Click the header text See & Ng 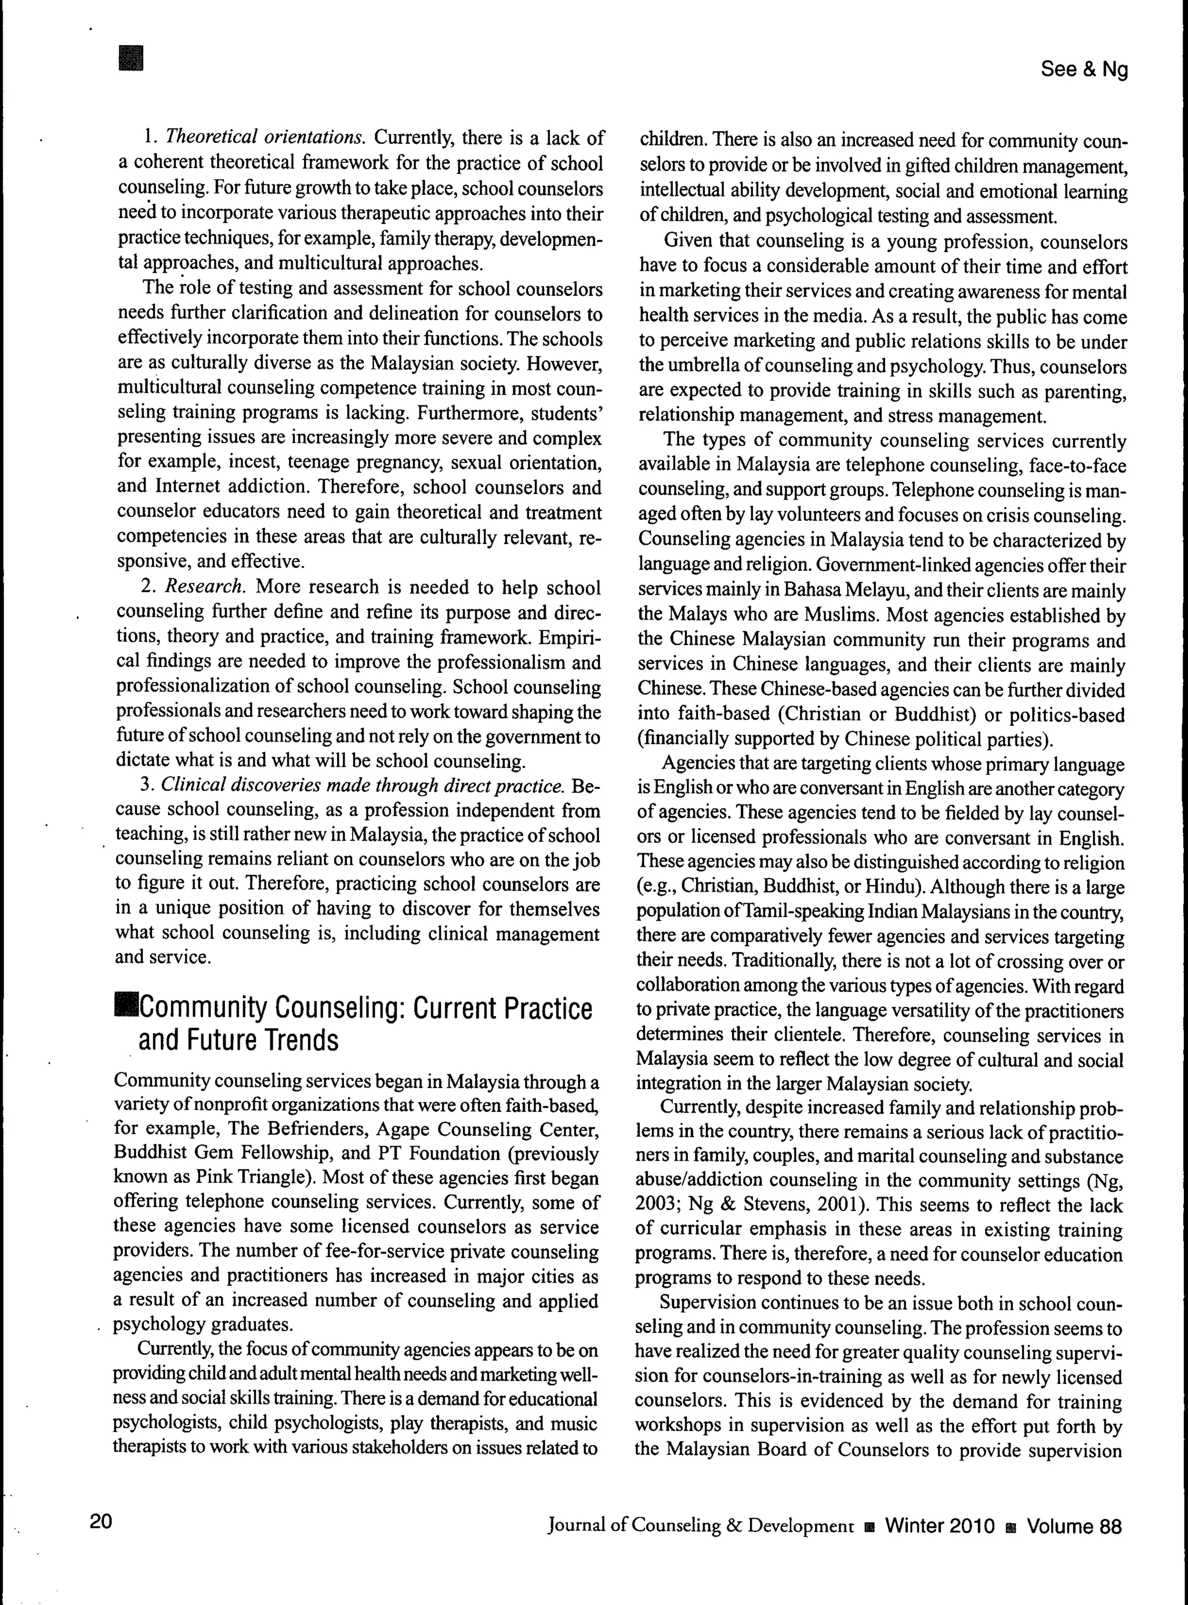pos(1084,69)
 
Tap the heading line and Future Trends pos(238,1041)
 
